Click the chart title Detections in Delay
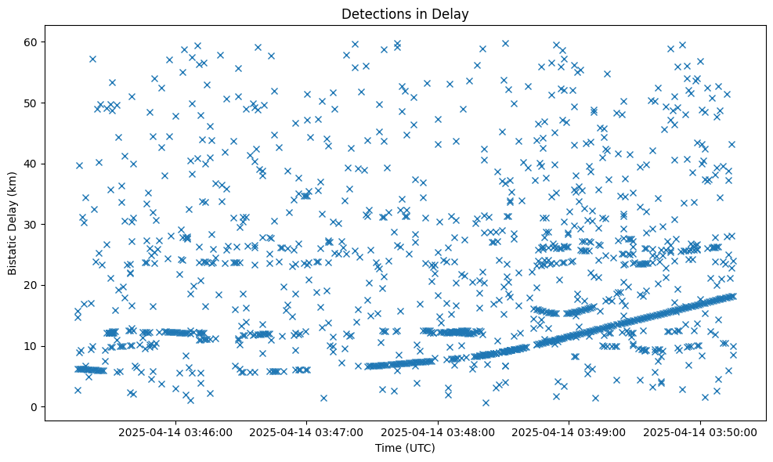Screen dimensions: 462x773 click(x=405, y=13)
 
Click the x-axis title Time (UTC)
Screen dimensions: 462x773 click(x=405, y=448)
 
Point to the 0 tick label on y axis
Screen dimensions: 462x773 click(x=34, y=406)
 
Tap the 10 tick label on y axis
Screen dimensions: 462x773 click(x=31, y=346)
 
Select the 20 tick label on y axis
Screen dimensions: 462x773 click(x=31, y=285)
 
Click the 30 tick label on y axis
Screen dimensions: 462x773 click(x=31, y=224)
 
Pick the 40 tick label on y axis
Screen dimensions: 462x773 click(x=31, y=164)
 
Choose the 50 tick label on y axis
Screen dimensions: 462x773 click(x=31, y=103)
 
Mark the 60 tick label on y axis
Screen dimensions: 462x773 click(x=31, y=42)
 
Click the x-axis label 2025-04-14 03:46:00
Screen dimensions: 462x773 click(x=175, y=431)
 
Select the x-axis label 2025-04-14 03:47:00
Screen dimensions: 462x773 click(x=307, y=431)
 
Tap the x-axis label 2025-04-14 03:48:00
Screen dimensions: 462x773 click(x=438, y=431)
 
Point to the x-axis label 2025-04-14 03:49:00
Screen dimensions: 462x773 click(x=569, y=431)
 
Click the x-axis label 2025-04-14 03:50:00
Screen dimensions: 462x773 click(x=701, y=431)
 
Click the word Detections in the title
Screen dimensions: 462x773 click(x=374, y=13)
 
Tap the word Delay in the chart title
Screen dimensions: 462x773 click(x=452, y=13)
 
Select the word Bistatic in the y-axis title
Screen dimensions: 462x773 click(x=13, y=250)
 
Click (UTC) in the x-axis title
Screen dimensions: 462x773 click(x=419, y=448)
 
